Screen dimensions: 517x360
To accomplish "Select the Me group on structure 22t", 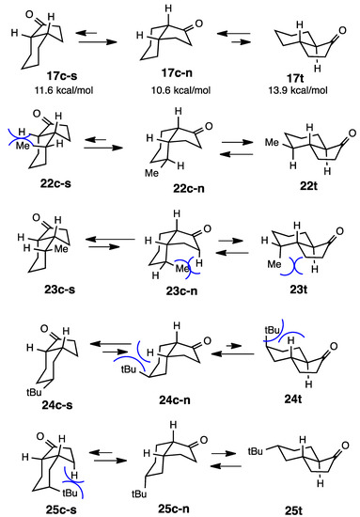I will (249, 145).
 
